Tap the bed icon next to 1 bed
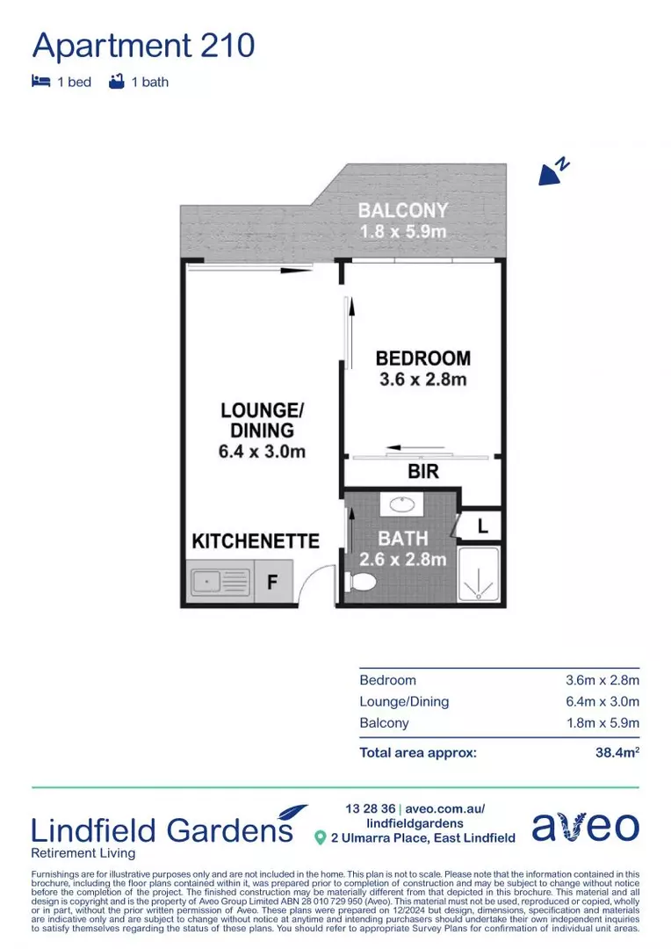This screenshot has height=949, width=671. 40,82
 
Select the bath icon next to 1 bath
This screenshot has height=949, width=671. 116,82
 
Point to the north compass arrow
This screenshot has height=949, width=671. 552,172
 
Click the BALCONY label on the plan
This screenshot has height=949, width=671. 403,211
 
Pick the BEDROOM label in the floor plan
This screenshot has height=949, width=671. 422,359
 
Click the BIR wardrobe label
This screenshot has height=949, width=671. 422,473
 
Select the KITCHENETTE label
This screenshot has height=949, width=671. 256,540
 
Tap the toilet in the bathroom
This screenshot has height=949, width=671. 361,581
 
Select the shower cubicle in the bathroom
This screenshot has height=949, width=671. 480,576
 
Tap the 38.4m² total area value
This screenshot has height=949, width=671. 617,752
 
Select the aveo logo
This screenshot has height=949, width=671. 585,827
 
